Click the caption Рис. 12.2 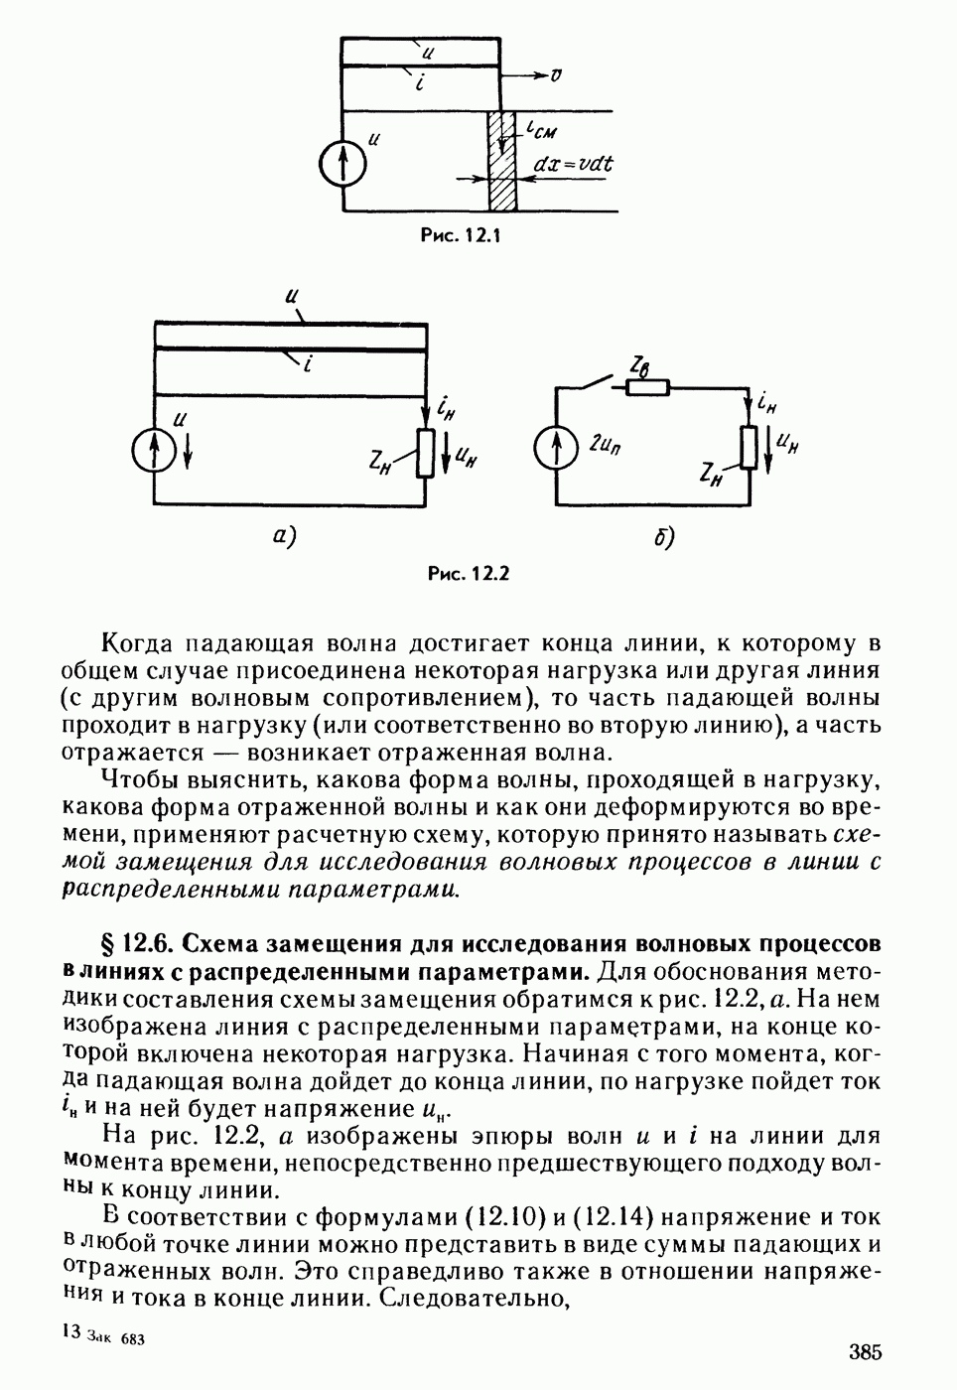(x=468, y=573)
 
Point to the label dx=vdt (x=574, y=163)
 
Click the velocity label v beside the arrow (x=558, y=74)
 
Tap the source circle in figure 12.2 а (x=154, y=452)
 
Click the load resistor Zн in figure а (x=427, y=453)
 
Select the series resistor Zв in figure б (x=647, y=387)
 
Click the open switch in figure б (x=595, y=382)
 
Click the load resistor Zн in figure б (x=750, y=447)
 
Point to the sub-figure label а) (x=285, y=536)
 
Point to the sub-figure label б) (x=664, y=537)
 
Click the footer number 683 (x=133, y=1339)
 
